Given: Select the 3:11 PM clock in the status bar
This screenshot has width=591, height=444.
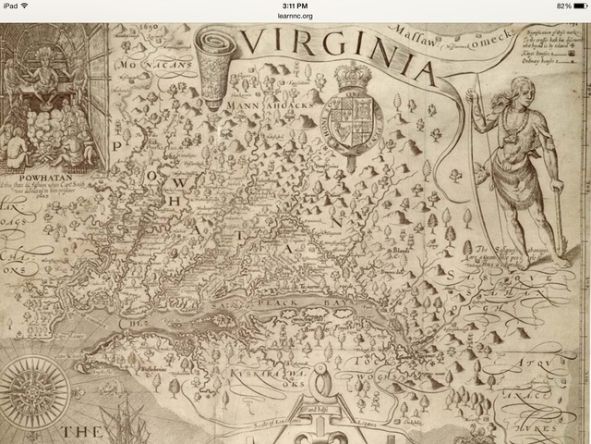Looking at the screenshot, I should coord(295,6).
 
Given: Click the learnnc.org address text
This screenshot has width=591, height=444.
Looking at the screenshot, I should coord(295,16).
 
